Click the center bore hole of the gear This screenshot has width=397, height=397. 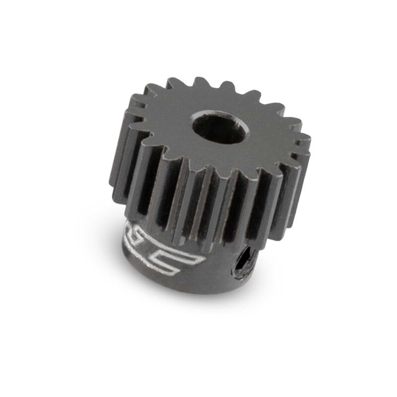219,128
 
